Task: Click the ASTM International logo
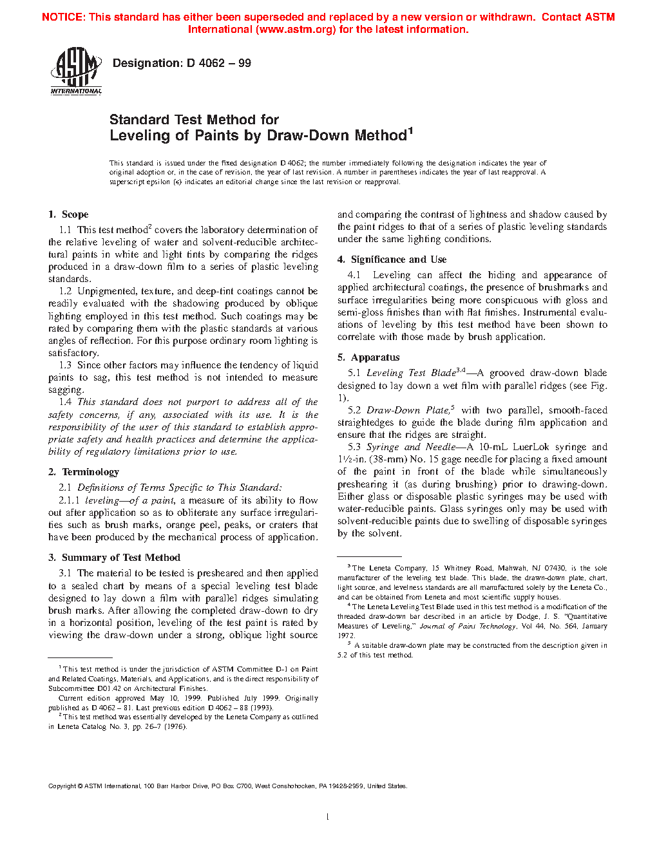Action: coord(76,71)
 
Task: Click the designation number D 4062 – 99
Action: coord(182,63)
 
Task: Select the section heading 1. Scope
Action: coord(68,214)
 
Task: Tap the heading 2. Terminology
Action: coord(84,472)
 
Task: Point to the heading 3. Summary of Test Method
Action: coord(114,558)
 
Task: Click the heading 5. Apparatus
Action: coord(368,357)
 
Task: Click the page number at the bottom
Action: coord(328,817)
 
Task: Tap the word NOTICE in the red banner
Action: coord(62,17)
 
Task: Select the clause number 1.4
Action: coord(65,402)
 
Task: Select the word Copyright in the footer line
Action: coord(62,786)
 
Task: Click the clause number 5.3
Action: coord(354,447)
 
